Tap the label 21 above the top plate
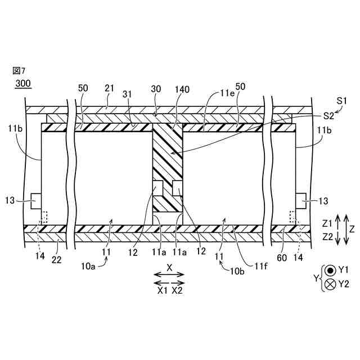(x=109, y=88)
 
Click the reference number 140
(x=183, y=88)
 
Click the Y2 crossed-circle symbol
(x=331, y=284)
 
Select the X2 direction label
(x=177, y=291)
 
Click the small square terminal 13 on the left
(x=35, y=199)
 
